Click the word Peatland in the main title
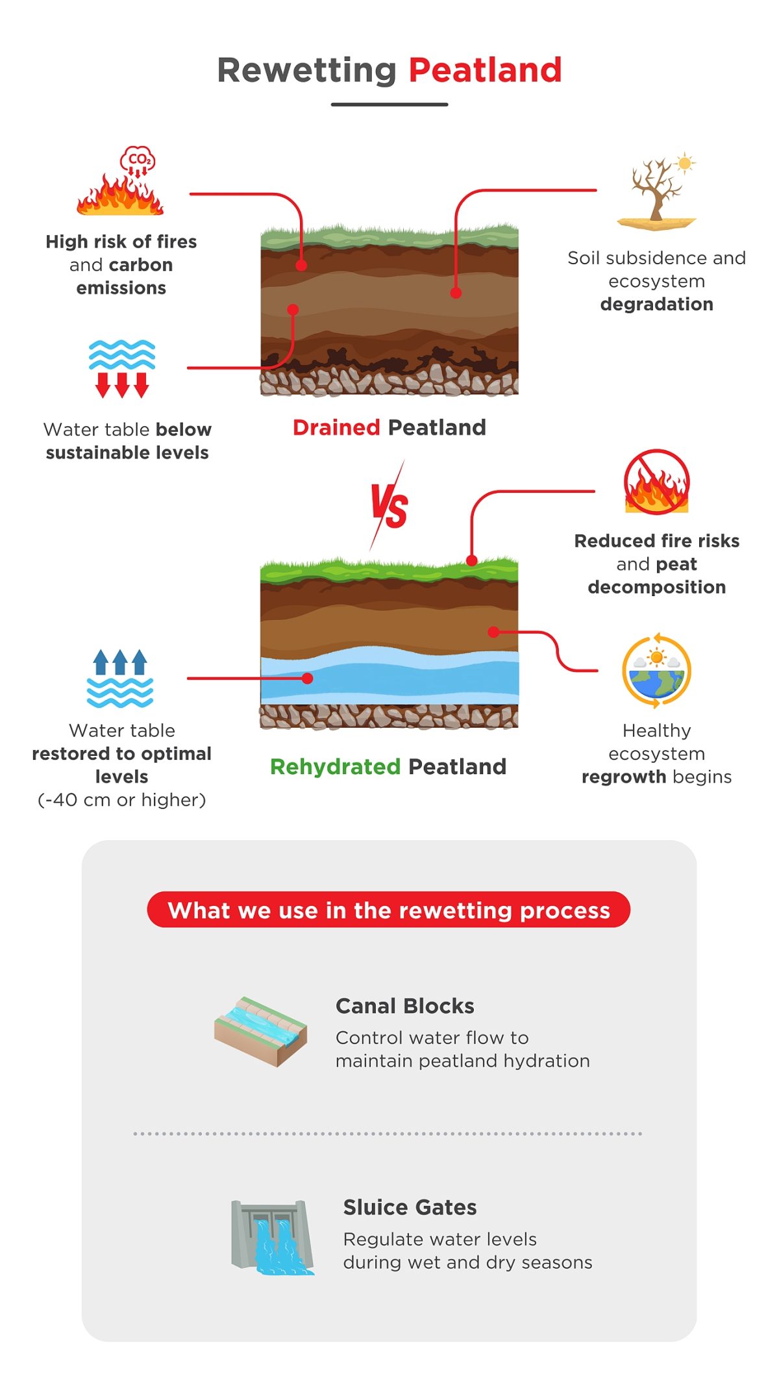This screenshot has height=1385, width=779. point(485,70)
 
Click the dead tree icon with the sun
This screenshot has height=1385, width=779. point(657,192)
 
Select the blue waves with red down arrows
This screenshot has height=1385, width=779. point(122,368)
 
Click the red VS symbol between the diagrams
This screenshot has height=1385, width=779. point(389,507)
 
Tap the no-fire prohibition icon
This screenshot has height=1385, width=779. point(656,482)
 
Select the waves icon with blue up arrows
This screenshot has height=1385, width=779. point(121,679)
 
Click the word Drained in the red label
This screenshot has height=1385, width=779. point(336,427)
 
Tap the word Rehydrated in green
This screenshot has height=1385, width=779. point(335,767)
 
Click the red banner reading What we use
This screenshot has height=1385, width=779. point(388,910)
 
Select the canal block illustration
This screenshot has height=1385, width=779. point(261,1031)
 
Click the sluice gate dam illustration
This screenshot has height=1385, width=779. point(272,1236)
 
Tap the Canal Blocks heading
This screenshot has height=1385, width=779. point(404,1006)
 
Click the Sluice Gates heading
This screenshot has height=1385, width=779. point(410,1207)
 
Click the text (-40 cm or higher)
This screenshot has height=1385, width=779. point(122,800)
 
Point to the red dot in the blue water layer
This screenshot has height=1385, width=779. point(308,678)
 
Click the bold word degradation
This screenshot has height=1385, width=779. point(656,304)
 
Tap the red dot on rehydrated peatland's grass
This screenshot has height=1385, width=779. point(472,560)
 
